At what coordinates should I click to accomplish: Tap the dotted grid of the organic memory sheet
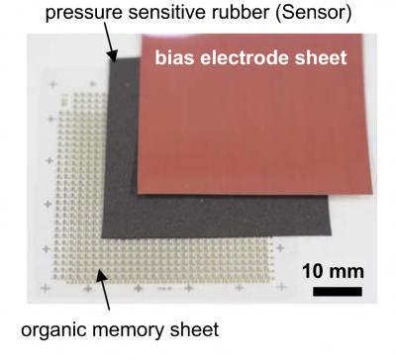click(x=79, y=218)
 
